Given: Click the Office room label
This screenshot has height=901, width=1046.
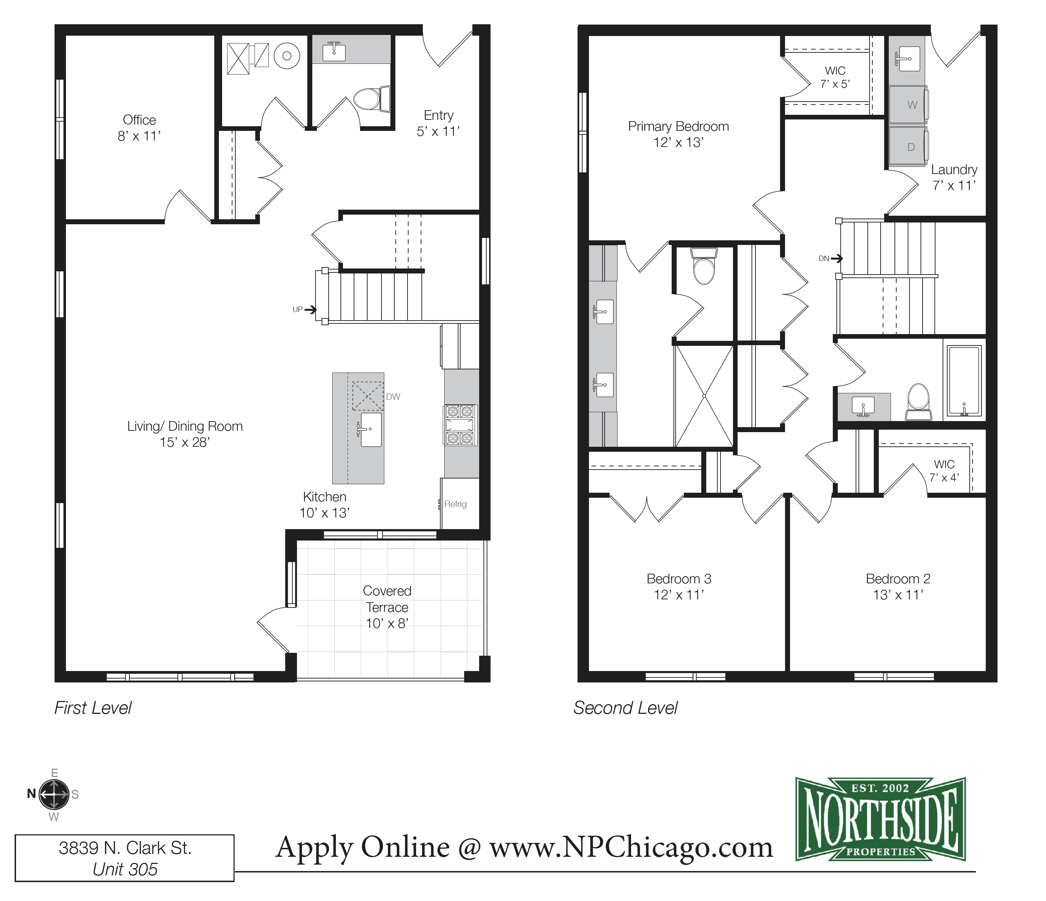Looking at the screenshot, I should point(139,120).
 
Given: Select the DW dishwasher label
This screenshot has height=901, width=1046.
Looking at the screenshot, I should point(393,397).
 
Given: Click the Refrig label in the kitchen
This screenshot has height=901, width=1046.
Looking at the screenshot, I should point(455,504).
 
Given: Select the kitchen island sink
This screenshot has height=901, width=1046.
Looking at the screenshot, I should point(370,430).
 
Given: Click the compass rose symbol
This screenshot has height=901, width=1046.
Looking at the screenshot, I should point(54,794).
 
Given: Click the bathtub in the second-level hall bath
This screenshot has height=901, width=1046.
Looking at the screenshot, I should point(964,381).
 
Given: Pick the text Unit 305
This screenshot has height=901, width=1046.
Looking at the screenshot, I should point(125,869).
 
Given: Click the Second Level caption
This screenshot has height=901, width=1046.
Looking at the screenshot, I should point(625,708).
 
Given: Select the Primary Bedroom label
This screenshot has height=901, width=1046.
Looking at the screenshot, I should point(678,126).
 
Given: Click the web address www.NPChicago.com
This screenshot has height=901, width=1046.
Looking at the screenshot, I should point(631,847).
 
